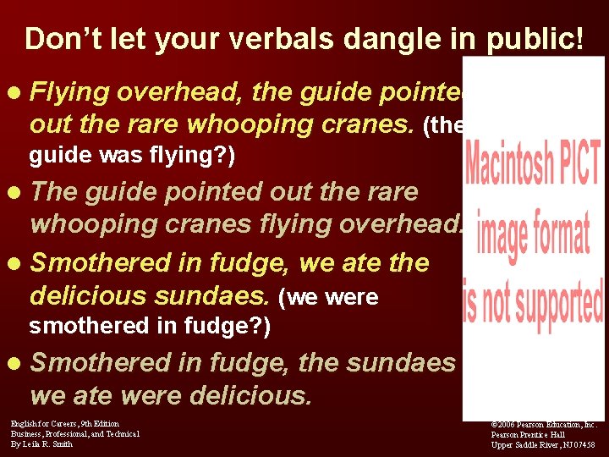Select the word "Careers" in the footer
[x=61, y=423]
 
